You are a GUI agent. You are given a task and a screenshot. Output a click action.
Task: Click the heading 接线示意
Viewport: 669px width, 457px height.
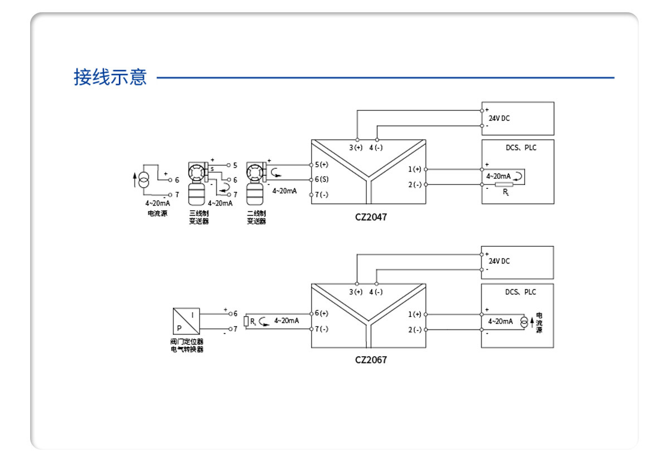pyautogui.click(x=110, y=77)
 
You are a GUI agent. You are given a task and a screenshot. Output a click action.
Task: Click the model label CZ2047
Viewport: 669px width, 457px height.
pyautogui.click(x=371, y=217)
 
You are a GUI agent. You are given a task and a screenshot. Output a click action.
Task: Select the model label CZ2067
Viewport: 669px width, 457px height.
pyautogui.click(x=371, y=359)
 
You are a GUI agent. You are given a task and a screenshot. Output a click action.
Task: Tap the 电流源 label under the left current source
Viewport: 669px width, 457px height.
pyautogui.click(x=157, y=213)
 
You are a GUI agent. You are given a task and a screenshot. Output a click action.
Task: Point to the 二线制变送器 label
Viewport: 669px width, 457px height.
pyautogui.click(x=256, y=217)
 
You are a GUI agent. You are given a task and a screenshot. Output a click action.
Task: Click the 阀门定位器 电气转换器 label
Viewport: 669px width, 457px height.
pyautogui.click(x=187, y=345)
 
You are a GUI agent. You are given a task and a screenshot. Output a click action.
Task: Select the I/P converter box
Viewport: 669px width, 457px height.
pyautogui.click(x=186, y=321)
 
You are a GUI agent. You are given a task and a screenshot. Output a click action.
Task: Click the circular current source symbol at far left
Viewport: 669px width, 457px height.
pyautogui.click(x=144, y=180)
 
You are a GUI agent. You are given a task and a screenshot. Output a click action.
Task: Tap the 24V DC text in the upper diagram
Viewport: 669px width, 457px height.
pyautogui.click(x=499, y=118)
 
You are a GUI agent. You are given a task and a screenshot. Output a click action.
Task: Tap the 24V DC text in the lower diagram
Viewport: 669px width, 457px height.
pyautogui.click(x=499, y=261)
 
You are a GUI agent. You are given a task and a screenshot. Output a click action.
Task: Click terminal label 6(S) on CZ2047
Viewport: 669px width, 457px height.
pyautogui.click(x=322, y=179)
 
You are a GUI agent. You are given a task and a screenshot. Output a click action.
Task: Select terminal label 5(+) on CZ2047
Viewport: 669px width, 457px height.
pyautogui.click(x=322, y=165)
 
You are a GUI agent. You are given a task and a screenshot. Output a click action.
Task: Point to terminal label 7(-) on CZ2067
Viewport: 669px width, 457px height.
pyautogui.click(x=322, y=329)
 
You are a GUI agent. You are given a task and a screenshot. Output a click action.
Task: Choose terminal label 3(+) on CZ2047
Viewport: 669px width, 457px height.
pyautogui.click(x=356, y=148)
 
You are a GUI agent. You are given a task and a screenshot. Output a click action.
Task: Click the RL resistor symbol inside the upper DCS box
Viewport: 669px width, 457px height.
pyautogui.click(x=504, y=184)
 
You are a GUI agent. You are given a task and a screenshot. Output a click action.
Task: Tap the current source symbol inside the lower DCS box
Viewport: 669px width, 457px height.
pyautogui.click(x=523, y=323)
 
